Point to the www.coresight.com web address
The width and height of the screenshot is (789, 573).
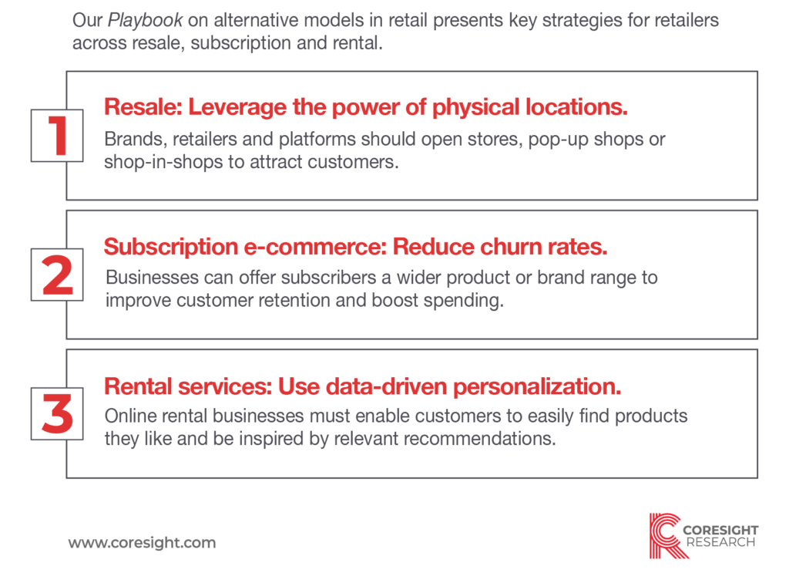142,542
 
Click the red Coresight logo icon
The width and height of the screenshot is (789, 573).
668,535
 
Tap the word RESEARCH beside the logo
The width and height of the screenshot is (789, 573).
720,543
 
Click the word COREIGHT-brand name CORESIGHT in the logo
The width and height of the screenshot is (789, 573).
720,530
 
